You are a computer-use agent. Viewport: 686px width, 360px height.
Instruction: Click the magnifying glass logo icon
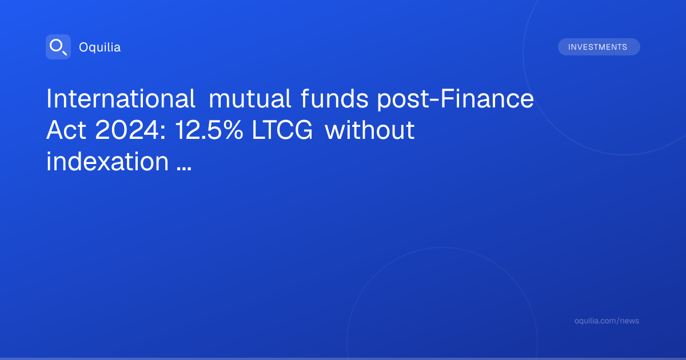(x=58, y=47)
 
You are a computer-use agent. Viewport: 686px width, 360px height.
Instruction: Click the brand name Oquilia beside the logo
(x=100, y=47)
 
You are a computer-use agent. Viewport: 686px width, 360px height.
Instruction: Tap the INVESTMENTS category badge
(x=599, y=47)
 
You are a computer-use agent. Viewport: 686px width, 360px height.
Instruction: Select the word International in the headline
(x=121, y=98)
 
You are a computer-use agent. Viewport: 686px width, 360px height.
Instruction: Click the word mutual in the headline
(x=250, y=98)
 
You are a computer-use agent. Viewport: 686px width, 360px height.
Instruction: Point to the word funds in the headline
(x=334, y=98)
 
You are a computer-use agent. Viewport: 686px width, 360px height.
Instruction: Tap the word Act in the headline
(x=66, y=130)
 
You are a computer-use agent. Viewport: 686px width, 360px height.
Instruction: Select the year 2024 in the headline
(x=127, y=130)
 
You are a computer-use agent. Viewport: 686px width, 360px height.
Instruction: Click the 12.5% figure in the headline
(x=209, y=130)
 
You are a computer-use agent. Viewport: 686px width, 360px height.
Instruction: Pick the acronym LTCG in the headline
(x=282, y=130)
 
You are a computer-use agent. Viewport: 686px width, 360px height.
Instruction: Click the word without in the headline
(x=370, y=130)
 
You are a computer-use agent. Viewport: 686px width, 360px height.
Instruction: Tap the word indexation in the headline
(x=107, y=161)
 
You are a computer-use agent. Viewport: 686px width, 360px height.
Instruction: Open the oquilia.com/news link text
(x=607, y=321)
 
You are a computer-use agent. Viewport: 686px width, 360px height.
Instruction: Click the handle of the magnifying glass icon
(x=65, y=53)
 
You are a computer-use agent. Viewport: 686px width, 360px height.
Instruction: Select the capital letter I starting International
(x=49, y=98)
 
